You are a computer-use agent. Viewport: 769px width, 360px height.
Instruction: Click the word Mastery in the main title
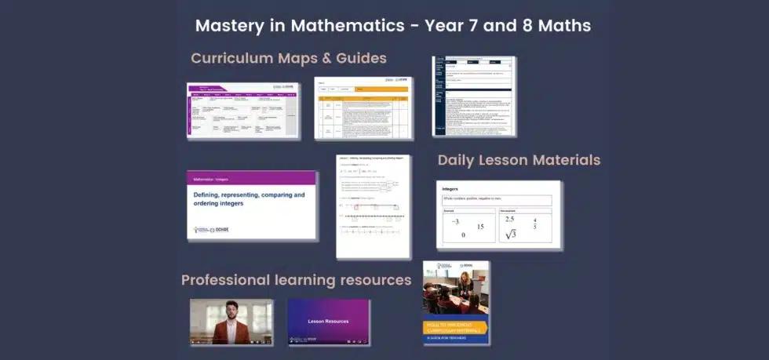point(225,25)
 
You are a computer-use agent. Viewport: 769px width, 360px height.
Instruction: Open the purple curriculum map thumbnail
point(242,111)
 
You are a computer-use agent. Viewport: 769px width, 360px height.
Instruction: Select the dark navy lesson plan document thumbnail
point(473,96)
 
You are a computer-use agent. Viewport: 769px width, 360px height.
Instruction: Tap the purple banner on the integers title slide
point(251,179)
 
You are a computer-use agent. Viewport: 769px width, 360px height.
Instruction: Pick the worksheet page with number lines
point(373,206)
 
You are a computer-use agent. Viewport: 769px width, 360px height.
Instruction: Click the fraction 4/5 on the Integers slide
point(535,224)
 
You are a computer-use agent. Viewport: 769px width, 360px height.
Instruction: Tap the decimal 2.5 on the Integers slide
point(510,219)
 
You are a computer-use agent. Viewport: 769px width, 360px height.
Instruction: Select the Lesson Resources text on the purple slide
point(328,321)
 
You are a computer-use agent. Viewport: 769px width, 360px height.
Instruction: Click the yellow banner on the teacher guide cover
point(456,326)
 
